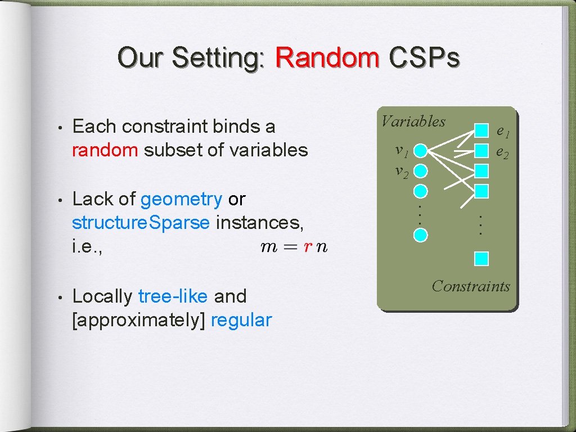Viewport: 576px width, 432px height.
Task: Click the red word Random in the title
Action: [327, 57]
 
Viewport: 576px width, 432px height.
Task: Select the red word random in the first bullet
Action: [105, 150]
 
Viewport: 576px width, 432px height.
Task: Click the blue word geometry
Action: [181, 199]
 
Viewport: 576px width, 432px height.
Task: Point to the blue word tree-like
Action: [173, 296]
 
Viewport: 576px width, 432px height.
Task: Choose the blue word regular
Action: [241, 321]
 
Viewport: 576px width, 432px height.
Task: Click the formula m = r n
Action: [294, 247]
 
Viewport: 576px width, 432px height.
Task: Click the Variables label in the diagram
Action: [413, 121]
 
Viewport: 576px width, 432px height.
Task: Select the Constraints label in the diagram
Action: [471, 286]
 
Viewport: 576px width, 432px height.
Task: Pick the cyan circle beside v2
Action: [421, 170]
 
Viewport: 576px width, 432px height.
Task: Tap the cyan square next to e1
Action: [481, 131]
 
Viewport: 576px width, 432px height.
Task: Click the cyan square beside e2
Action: [481, 150]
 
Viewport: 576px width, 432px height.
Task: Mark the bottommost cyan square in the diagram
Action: [481, 258]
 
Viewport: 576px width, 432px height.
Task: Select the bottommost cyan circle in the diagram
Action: [421, 234]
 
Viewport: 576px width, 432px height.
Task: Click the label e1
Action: [502, 132]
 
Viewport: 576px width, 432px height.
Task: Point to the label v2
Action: [401, 171]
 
